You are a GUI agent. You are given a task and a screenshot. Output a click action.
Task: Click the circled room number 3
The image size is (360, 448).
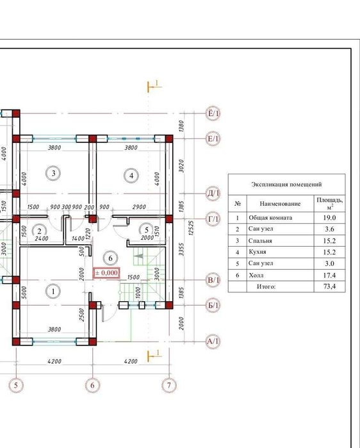click(x=53, y=173)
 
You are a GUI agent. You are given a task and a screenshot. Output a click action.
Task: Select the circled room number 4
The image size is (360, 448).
click(x=131, y=176)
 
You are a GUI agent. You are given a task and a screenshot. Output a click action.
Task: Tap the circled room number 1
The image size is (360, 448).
click(x=53, y=292)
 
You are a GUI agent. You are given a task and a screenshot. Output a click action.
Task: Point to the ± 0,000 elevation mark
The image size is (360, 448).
click(x=106, y=273)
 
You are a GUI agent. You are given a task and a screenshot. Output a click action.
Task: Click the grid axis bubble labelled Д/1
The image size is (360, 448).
click(x=213, y=194)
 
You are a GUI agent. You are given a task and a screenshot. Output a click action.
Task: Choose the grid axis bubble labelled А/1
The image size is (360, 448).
click(x=213, y=341)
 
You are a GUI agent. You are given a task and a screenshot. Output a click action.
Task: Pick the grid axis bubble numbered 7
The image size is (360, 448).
click(x=169, y=385)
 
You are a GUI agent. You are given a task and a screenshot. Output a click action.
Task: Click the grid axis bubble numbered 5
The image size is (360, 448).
click(x=16, y=385)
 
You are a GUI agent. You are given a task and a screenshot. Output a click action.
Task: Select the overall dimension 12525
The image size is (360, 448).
click(x=192, y=228)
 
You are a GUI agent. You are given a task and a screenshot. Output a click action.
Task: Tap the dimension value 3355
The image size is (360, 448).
click(x=181, y=249)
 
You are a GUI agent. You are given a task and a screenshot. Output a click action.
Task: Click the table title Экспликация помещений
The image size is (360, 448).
click(x=286, y=185)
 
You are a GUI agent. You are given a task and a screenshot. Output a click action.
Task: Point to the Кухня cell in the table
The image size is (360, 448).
click(x=258, y=252)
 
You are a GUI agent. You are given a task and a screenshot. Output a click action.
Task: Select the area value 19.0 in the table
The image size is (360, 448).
click(x=329, y=218)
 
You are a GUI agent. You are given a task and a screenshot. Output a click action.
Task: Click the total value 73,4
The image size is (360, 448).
click(x=329, y=286)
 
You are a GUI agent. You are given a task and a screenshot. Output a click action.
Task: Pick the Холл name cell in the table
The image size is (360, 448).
click(x=256, y=275)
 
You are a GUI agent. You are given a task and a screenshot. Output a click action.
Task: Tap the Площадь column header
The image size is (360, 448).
click(x=330, y=203)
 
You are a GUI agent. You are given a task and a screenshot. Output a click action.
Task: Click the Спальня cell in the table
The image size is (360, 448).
click(x=260, y=240)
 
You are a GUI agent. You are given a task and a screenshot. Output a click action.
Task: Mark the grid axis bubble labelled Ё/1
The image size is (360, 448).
click(x=213, y=113)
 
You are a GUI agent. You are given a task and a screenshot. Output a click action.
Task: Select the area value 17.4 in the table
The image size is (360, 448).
click(x=329, y=275)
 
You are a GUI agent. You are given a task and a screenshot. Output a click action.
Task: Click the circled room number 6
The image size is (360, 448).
click(x=110, y=258)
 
